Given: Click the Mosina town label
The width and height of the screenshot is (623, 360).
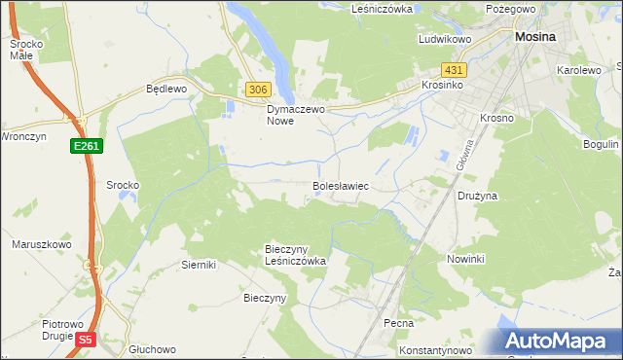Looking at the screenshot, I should (534, 36).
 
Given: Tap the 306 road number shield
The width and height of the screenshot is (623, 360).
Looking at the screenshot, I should (257, 90).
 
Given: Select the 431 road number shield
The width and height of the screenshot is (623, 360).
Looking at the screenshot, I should (454, 70).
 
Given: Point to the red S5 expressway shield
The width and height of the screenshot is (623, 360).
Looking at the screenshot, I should (86, 340).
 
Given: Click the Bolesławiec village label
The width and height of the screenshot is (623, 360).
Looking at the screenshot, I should (340, 184).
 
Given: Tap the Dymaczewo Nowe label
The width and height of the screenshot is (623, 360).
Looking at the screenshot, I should (294, 115).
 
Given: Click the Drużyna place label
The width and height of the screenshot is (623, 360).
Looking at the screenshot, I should (478, 196).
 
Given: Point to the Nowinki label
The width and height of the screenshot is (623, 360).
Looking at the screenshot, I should (465, 260).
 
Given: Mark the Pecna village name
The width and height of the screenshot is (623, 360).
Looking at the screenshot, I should (398, 323).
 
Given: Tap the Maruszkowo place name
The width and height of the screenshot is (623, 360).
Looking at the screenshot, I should (39, 244).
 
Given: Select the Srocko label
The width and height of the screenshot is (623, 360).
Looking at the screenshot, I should (123, 185).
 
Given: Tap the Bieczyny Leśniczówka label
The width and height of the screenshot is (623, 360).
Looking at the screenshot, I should (295, 255).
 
